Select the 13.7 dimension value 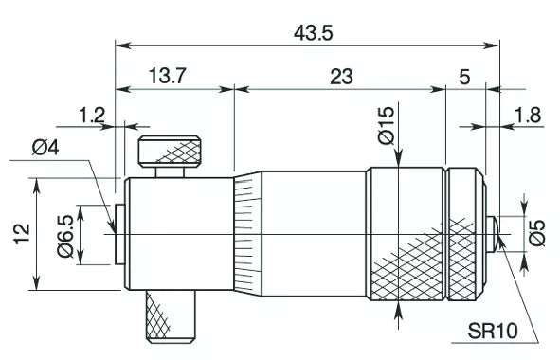[167, 77]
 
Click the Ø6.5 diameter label [64, 235]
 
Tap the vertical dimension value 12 [22, 232]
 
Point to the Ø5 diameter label [537, 232]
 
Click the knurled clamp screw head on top [172, 150]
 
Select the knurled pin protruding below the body [171, 316]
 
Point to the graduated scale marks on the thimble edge [245, 233]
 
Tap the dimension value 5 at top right [463, 77]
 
